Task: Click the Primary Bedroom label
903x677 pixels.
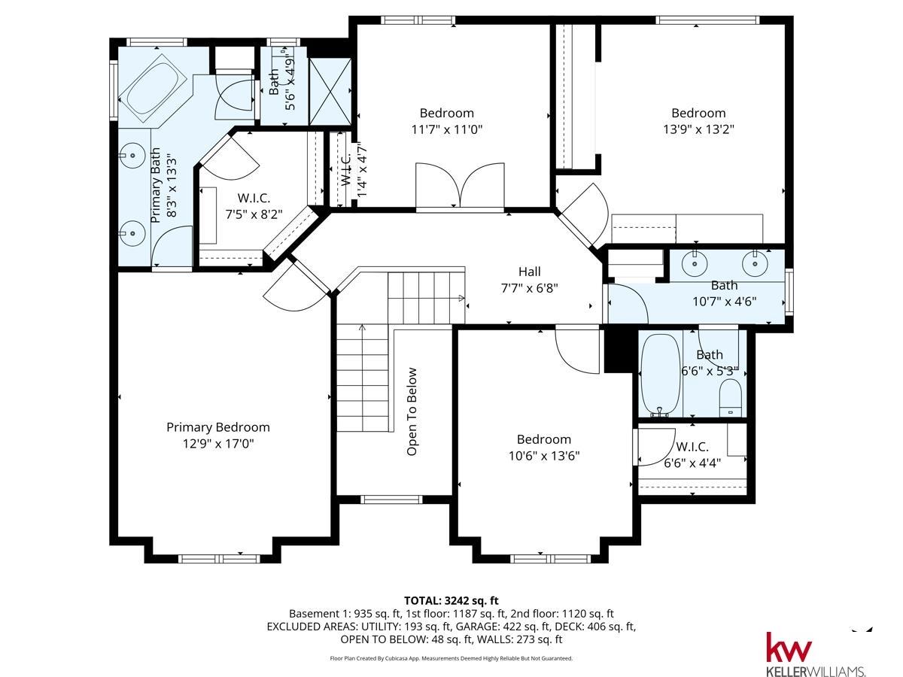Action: point(217,427)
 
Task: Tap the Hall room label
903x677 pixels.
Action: point(529,272)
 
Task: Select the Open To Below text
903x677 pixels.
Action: point(412,411)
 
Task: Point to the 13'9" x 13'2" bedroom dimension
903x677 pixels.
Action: point(698,129)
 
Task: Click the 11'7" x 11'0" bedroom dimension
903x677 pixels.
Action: point(446,129)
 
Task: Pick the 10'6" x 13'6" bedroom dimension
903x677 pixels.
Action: point(543,455)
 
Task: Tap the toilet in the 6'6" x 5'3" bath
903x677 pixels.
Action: point(730,397)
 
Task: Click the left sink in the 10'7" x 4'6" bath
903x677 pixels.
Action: point(694,264)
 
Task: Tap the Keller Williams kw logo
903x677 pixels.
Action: point(789,647)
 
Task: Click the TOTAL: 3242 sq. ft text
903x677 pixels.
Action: point(451,600)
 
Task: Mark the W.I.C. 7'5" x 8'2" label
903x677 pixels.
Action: point(254,205)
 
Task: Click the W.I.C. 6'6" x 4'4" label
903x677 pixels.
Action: point(692,455)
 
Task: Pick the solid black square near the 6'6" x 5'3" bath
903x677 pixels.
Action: point(616,350)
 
